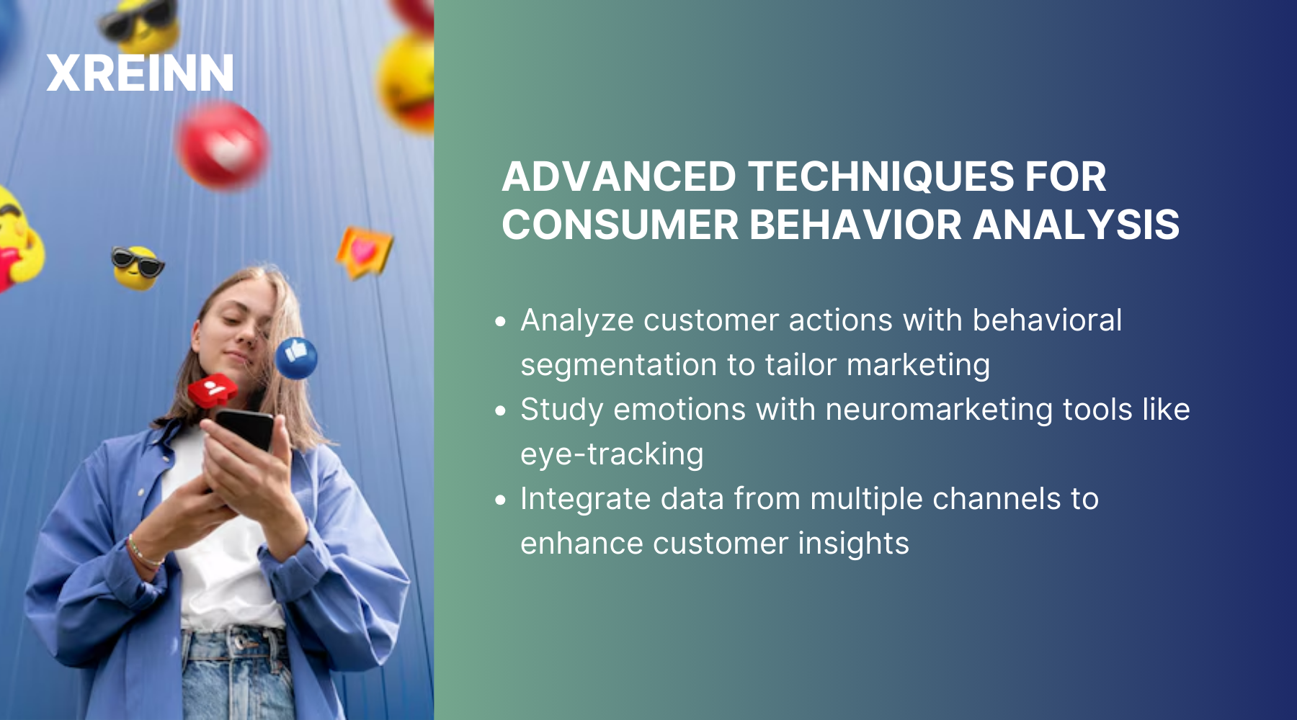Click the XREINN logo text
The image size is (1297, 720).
[140, 73]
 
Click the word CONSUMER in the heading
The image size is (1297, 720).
[620, 225]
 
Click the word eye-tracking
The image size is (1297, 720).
[612, 454]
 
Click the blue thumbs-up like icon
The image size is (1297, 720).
[296, 357]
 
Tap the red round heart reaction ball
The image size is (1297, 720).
[223, 146]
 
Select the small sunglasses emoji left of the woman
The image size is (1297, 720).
[137, 267]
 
